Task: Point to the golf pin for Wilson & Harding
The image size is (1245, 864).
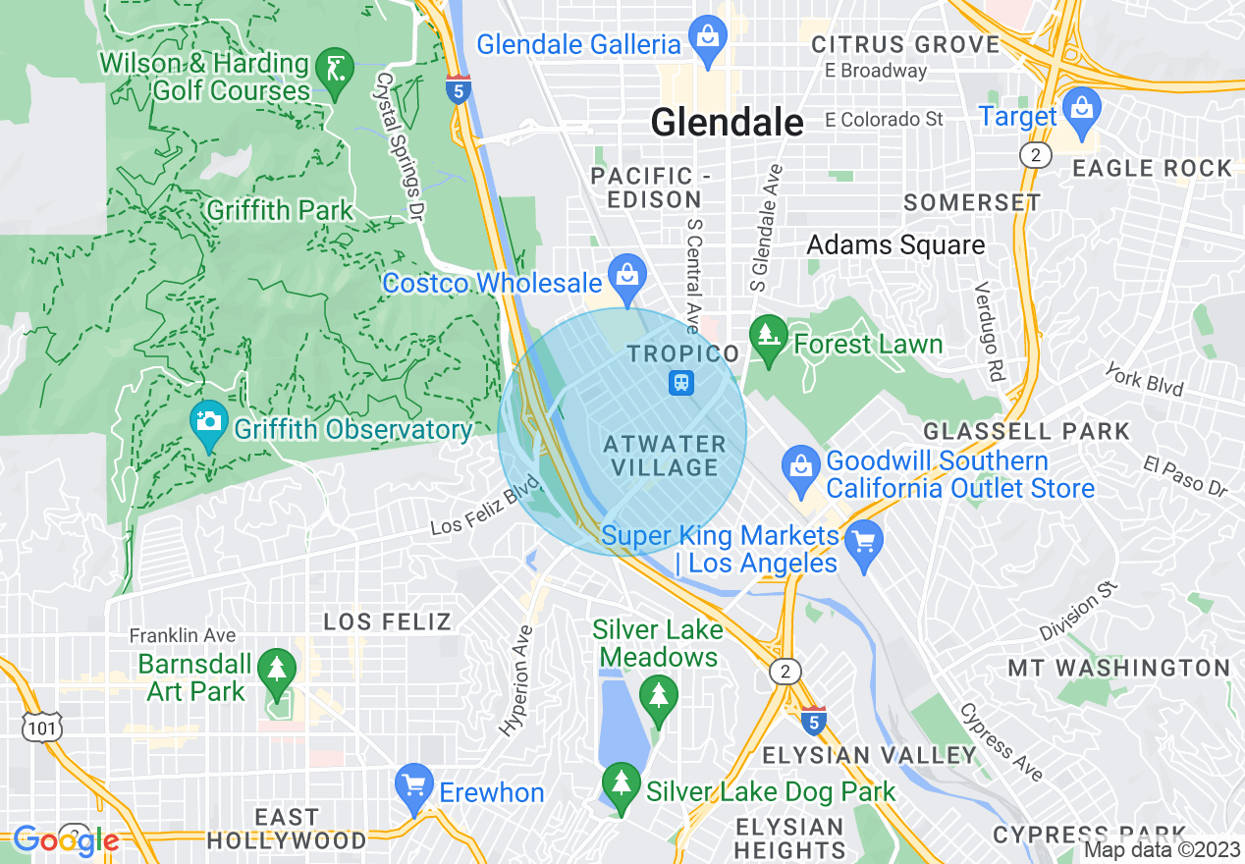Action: (335, 71)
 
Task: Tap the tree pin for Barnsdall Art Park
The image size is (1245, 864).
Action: (278, 674)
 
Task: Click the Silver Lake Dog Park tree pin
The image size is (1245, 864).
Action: (621, 786)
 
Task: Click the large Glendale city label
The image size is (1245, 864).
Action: (727, 123)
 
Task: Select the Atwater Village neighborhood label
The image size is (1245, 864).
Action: (665, 456)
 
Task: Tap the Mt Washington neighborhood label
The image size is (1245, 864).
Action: (1118, 668)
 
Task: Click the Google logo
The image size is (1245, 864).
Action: (66, 840)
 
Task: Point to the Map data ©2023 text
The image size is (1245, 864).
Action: (1162, 850)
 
